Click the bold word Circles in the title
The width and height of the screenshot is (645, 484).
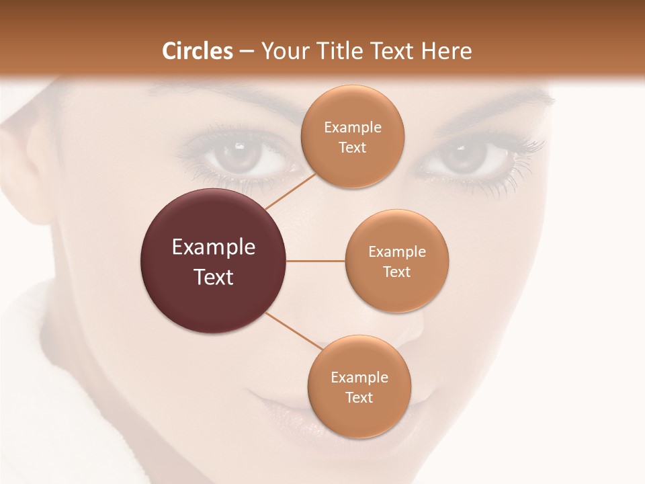[198, 51]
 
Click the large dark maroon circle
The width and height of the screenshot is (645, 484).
[214, 261]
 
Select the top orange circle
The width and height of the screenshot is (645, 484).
[352, 136]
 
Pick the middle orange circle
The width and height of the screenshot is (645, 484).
[396, 261]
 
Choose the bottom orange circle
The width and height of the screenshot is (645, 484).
[359, 387]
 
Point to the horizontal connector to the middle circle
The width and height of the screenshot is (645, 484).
[316, 261]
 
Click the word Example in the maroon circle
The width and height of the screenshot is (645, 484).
[214, 247]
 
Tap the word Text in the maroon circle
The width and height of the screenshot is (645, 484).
[214, 277]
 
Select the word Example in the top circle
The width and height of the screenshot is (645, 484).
[352, 127]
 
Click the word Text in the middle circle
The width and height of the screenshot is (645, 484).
[396, 272]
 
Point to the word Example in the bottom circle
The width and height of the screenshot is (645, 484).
[359, 377]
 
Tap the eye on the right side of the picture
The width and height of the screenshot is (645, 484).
[464, 157]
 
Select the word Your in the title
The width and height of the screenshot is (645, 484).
[283, 51]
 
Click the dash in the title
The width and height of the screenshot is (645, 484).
[246, 52]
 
